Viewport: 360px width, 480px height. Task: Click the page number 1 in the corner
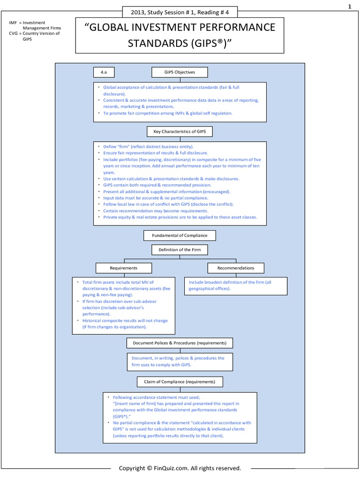click(349, 7)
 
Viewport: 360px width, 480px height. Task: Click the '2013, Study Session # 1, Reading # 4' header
click(180, 12)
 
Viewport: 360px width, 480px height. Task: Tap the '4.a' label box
click(104, 72)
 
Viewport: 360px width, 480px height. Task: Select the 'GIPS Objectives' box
click(180, 72)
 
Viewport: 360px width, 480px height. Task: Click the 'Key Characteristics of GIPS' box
click(180, 132)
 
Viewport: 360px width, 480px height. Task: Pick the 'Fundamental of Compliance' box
click(180, 235)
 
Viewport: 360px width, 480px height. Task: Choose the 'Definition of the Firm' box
click(180, 250)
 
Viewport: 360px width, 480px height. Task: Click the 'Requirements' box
click(124, 268)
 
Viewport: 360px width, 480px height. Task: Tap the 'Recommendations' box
click(236, 268)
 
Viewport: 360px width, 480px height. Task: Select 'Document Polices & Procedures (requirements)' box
click(180, 343)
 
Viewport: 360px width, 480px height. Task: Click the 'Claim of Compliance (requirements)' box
click(180, 382)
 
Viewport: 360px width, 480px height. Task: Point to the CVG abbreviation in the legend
click(14, 33)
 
